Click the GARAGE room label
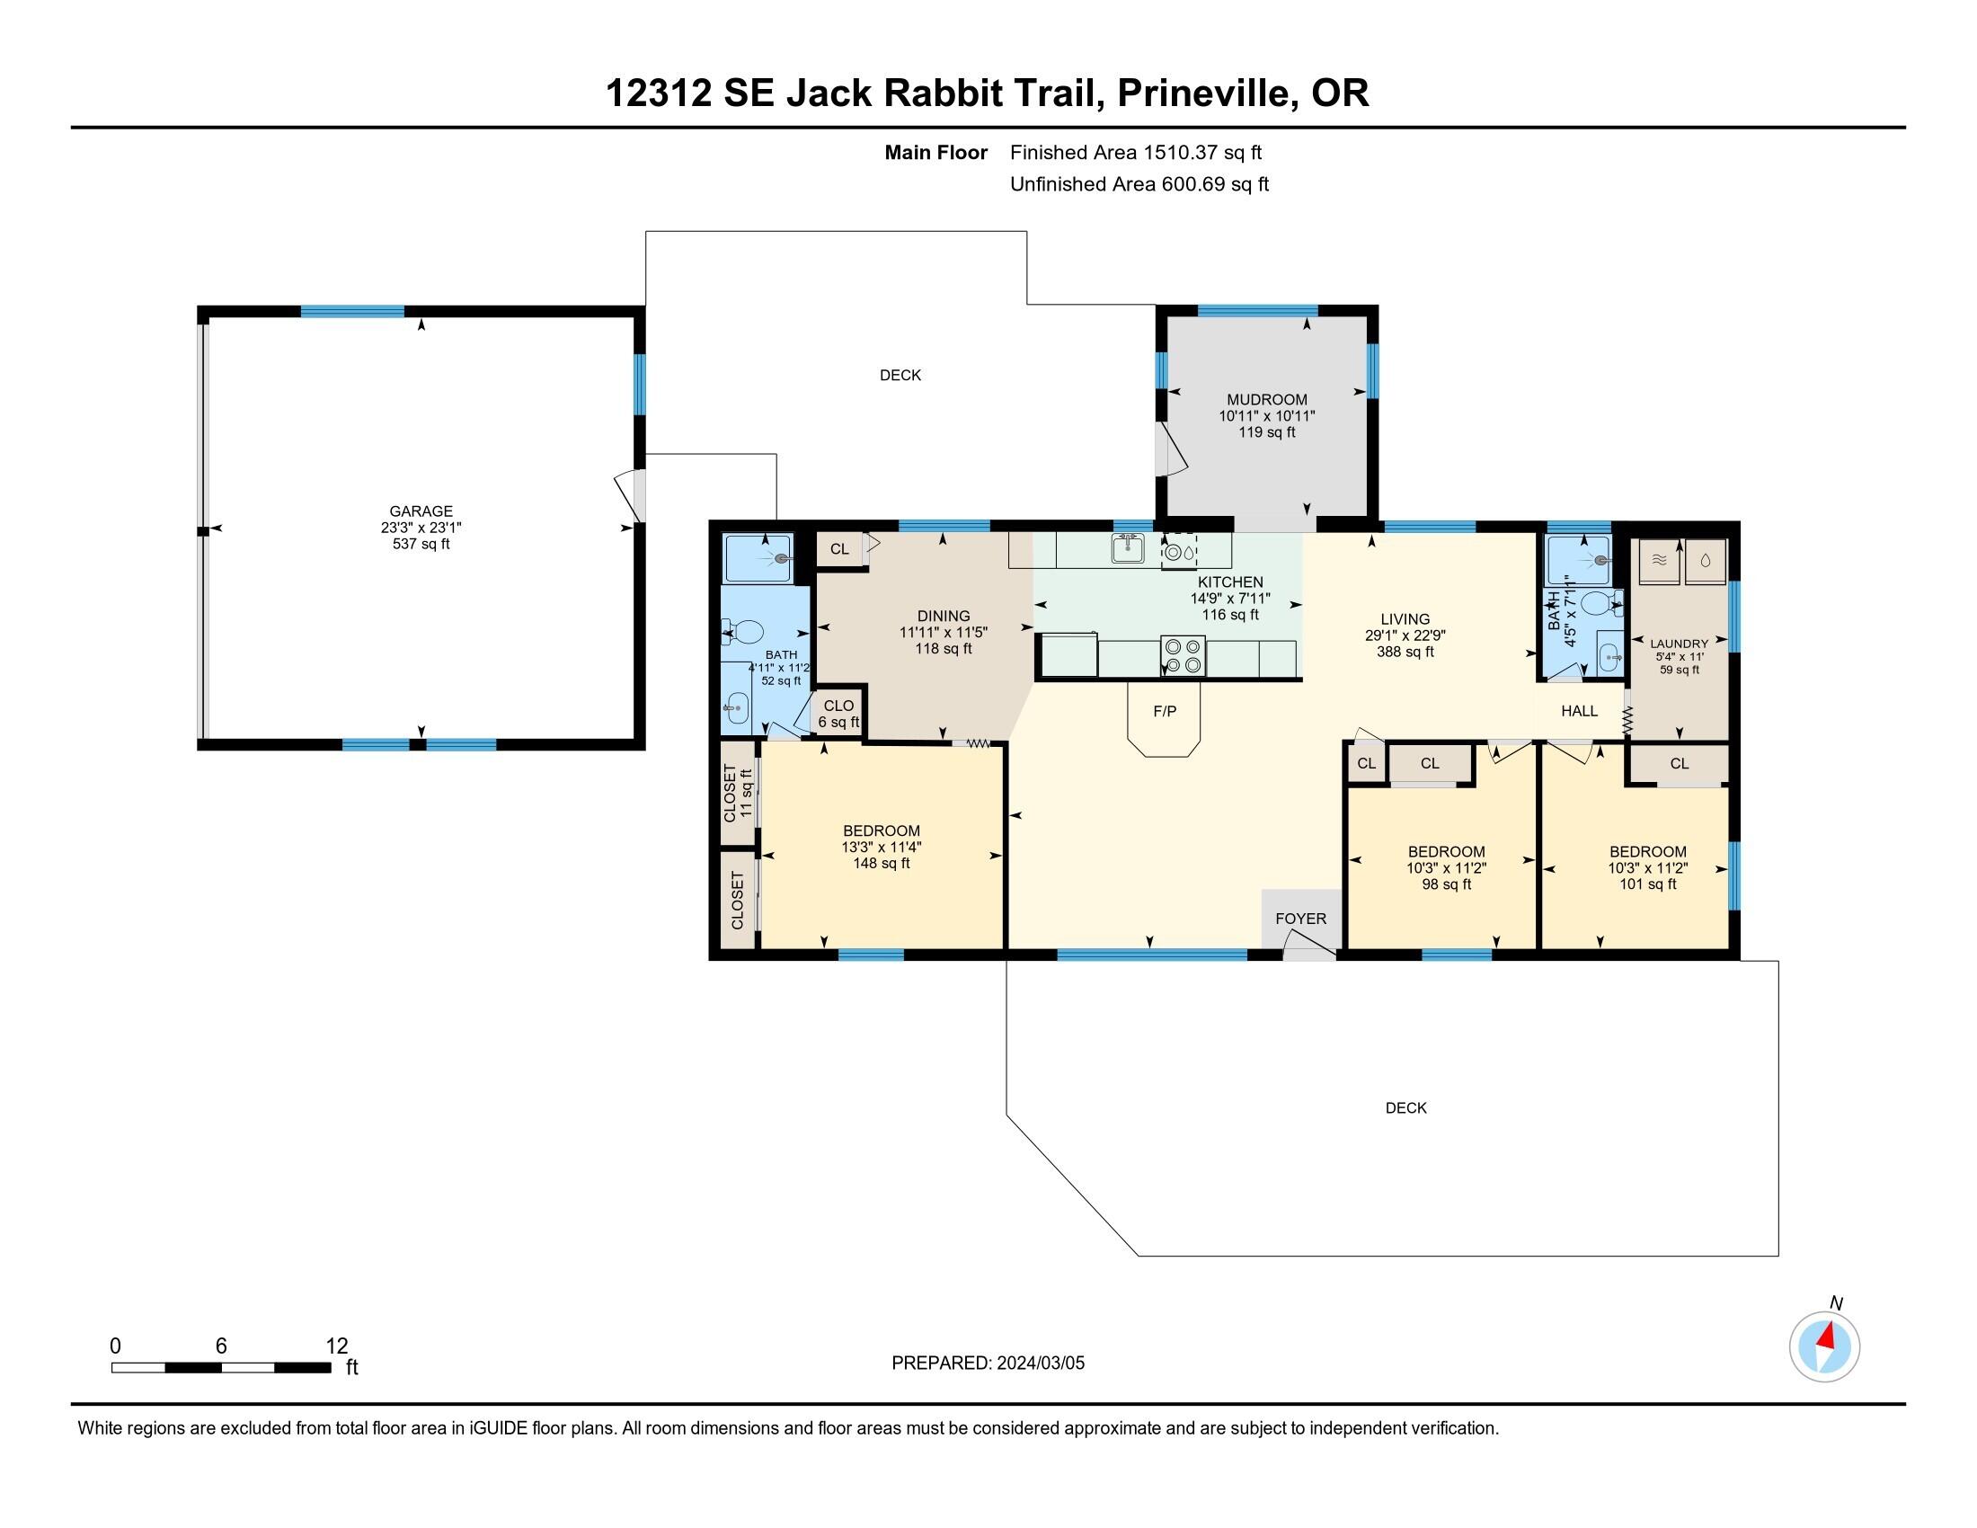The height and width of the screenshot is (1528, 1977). pyautogui.click(x=420, y=511)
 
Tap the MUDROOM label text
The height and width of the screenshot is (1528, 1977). pyautogui.click(x=1265, y=399)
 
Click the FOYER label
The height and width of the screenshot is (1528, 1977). pyautogui.click(x=1300, y=918)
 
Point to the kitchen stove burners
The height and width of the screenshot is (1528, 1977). pyautogui.click(x=1184, y=655)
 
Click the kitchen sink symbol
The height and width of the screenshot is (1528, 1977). pyautogui.click(x=1127, y=548)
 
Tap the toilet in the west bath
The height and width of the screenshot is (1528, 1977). pyautogui.click(x=744, y=632)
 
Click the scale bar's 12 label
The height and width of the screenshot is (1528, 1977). pyautogui.click(x=336, y=1346)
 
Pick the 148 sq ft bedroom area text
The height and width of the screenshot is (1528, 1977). pyautogui.click(x=881, y=864)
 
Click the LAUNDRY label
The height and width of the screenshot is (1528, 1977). pyautogui.click(x=1679, y=644)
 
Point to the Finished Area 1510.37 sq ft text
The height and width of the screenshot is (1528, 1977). pyautogui.click(x=1135, y=152)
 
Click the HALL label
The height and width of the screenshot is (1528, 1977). pyautogui.click(x=1579, y=711)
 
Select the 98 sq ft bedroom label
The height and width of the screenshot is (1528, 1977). pyautogui.click(x=1446, y=884)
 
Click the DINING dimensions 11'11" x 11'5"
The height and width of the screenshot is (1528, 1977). pyautogui.click(x=943, y=632)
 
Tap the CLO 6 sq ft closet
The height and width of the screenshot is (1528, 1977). pyautogui.click(x=838, y=714)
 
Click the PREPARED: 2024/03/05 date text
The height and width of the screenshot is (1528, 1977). pyautogui.click(x=988, y=1363)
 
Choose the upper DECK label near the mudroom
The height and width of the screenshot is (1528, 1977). pyautogui.click(x=900, y=375)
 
